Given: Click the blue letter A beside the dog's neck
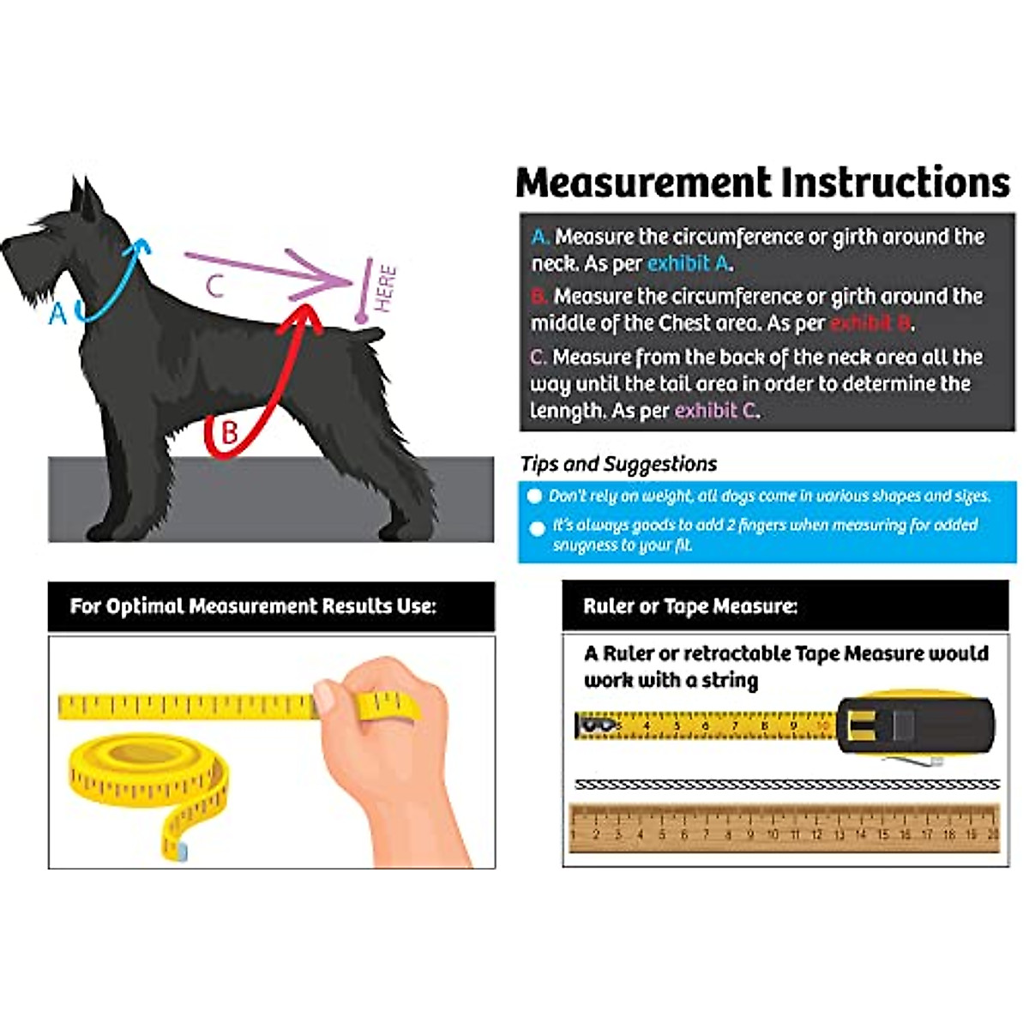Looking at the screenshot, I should coord(57,314).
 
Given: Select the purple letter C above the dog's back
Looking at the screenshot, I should coord(215,285).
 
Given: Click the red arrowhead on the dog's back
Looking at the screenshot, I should coord(300,317).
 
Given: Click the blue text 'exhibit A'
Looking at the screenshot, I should coord(689,263).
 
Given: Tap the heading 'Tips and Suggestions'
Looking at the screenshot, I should coord(618,464).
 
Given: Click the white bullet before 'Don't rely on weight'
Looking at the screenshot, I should coord(535,496).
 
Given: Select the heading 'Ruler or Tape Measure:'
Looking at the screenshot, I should coord(690,606).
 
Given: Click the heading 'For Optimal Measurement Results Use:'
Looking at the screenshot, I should coord(253,606).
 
